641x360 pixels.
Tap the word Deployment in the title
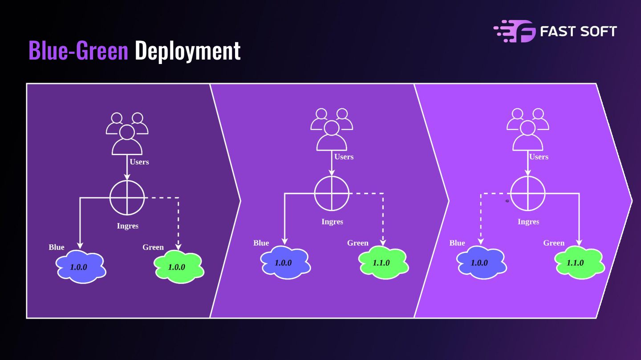point(187,51)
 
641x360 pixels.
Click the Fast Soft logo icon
point(514,31)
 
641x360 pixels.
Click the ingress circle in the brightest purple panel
point(528,193)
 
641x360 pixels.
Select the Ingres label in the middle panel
point(332,221)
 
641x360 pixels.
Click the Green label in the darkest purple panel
point(153,247)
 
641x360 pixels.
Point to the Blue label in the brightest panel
point(457,243)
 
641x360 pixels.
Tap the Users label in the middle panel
point(344,156)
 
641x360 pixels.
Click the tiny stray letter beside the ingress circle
point(507,201)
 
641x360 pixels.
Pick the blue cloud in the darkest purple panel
point(81,267)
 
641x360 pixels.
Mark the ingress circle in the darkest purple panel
point(127,198)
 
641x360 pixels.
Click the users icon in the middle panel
point(332,129)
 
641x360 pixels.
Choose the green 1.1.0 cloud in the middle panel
point(383,262)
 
